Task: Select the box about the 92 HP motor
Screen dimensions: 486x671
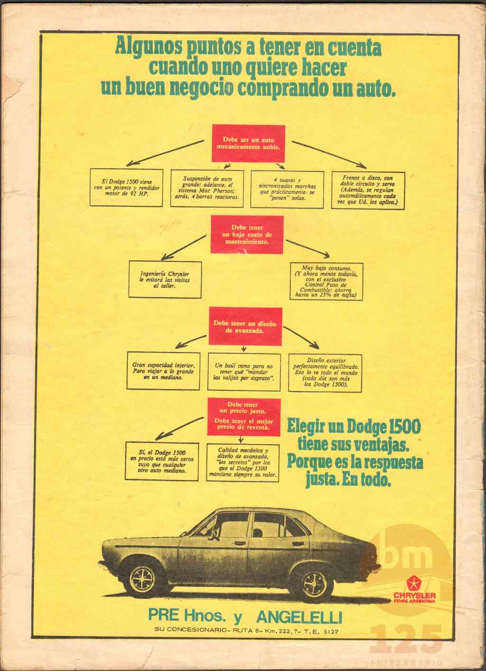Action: tap(126, 188)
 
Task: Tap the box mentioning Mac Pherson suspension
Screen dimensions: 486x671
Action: tap(207, 189)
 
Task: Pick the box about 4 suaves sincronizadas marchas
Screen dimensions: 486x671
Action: tap(287, 189)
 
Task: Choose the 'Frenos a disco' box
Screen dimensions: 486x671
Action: tap(368, 190)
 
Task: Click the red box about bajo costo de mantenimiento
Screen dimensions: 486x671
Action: tap(247, 235)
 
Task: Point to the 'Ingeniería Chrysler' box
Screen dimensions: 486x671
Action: tap(165, 280)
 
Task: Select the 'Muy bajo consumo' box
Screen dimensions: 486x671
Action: tap(327, 281)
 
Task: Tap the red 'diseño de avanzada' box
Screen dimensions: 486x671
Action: tap(245, 326)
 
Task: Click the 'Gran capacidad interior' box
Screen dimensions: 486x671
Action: tap(163, 371)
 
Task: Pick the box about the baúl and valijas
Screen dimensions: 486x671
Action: tap(244, 372)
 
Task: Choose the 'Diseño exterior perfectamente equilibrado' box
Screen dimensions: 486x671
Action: tap(325, 373)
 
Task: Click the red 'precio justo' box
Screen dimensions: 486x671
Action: tap(244, 416)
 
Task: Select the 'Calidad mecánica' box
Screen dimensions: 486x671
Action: tap(243, 463)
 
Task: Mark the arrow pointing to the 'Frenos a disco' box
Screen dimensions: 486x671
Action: tap(329, 154)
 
